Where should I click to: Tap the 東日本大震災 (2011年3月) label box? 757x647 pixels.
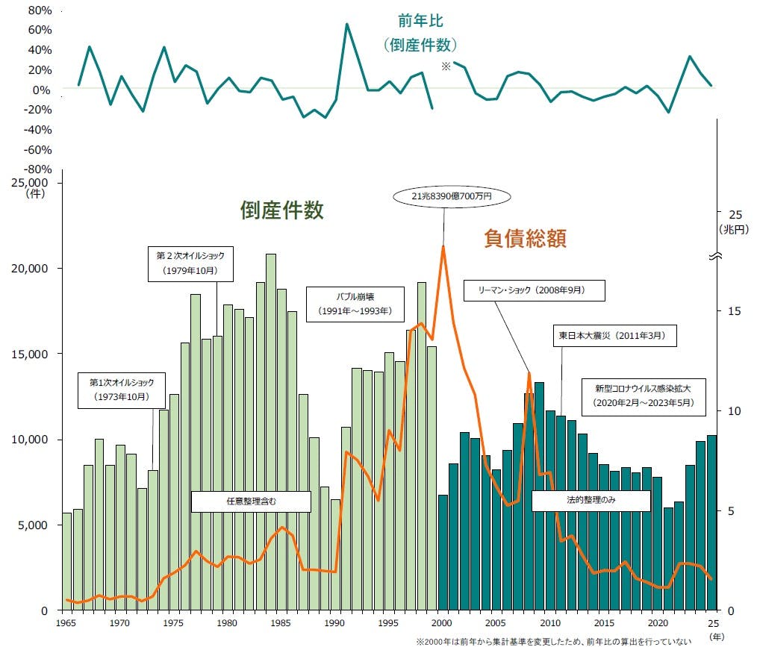pyautogui.click(x=614, y=337)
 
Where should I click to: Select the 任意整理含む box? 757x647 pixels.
pyautogui.click(x=250, y=501)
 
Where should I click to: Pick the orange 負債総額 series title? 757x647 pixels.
pyautogui.click(x=525, y=238)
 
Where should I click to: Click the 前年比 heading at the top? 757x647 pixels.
pyautogui.click(x=420, y=22)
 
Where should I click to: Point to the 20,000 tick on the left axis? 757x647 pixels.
pyautogui.click(x=32, y=269)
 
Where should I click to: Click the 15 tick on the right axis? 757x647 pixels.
pyautogui.click(x=733, y=310)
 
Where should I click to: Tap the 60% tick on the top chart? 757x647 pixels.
pyautogui.click(x=39, y=30)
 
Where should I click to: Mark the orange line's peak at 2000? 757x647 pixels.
pyautogui.click(x=443, y=246)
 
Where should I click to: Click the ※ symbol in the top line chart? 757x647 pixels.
pyautogui.click(x=446, y=66)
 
